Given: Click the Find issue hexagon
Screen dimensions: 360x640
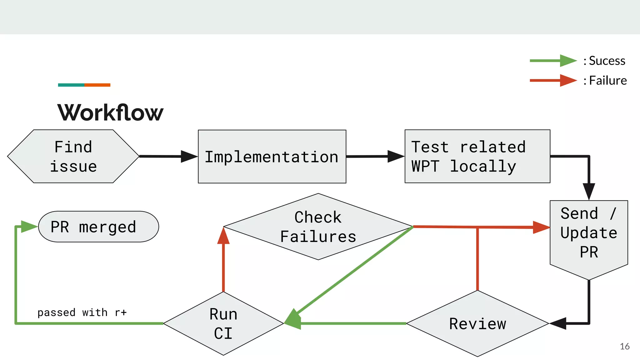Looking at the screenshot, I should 73,156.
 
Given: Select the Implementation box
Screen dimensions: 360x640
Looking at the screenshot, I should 272,157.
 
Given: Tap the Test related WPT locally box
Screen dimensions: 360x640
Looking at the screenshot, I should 477,156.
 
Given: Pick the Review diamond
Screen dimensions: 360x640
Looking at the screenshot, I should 477,323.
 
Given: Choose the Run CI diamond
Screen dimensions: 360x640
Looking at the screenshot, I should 223,323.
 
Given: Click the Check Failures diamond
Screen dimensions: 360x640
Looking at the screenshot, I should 318,227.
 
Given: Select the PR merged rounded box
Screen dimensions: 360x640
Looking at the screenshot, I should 98,227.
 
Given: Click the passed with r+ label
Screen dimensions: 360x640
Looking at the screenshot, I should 82,312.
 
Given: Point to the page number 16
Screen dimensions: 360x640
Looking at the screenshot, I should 625,346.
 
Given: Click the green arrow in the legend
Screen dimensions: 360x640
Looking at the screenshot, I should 553,61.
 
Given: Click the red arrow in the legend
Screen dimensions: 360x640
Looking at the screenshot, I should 553,80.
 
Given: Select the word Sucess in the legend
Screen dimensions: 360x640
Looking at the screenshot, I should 607,61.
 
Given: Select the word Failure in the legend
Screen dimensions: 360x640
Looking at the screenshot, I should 608,81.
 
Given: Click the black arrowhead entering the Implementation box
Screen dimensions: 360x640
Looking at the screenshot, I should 189,156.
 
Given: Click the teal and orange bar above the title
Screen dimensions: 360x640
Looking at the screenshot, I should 84,85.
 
